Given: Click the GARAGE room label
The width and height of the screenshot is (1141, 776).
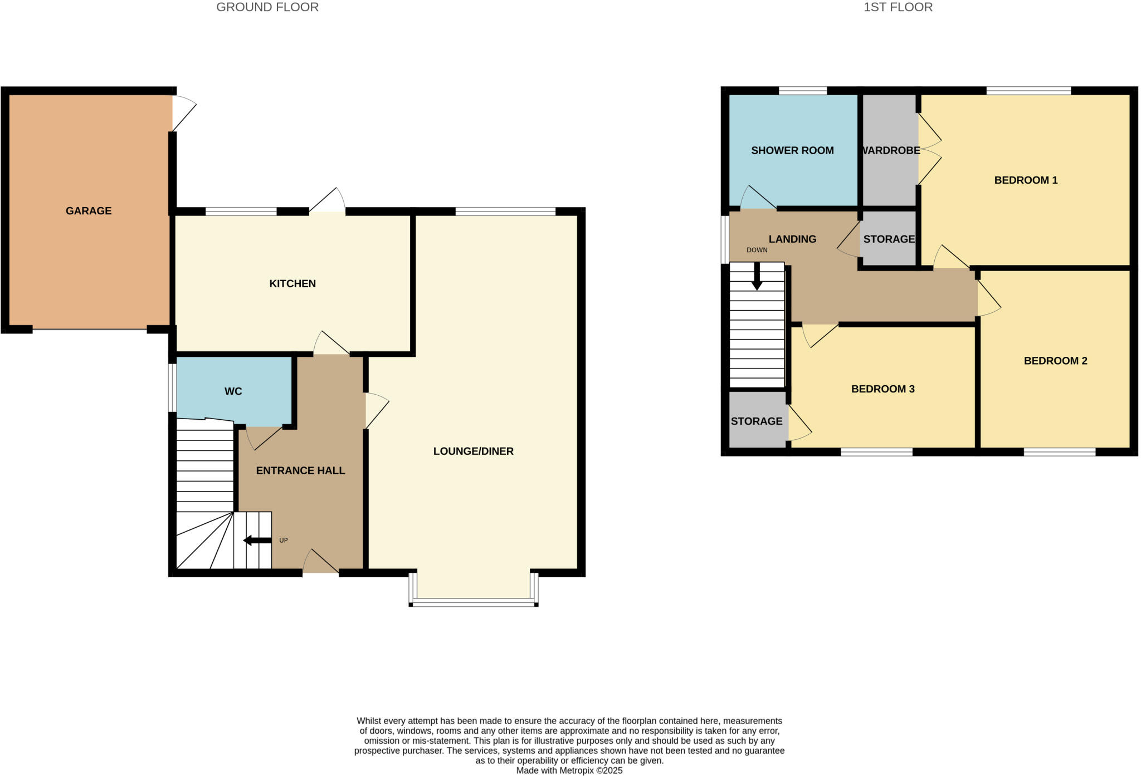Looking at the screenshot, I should click(x=89, y=211).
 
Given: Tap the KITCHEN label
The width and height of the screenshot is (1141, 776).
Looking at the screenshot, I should click(x=292, y=284).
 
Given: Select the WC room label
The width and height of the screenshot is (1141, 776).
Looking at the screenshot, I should click(x=233, y=392).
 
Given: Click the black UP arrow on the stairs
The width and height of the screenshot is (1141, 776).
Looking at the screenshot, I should click(x=257, y=541).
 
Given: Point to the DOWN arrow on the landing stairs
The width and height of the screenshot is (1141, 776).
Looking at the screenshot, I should click(x=757, y=277).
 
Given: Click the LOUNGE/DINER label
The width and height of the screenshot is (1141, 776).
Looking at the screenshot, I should click(x=473, y=451).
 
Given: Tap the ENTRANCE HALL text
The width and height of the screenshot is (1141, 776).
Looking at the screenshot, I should click(x=300, y=471).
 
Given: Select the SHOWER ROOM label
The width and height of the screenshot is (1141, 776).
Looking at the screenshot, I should click(x=792, y=151).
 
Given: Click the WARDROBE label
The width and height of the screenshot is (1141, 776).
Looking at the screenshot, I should click(x=890, y=151).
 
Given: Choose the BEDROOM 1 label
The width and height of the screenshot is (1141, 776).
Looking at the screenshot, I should click(x=1026, y=180).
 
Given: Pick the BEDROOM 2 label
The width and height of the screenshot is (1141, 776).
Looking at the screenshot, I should click(x=1055, y=361).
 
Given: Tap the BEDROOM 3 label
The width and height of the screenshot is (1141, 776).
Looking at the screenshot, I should click(x=882, y=389).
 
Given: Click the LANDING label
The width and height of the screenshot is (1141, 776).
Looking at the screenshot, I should click(x=792, y=239).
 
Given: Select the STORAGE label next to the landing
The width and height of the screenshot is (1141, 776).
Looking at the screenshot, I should click(x=889, y=239).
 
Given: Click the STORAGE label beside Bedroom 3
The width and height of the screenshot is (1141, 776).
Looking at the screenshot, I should click(x=756, y=421).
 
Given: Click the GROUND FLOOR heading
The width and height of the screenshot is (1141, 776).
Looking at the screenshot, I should click(x=267, y=7).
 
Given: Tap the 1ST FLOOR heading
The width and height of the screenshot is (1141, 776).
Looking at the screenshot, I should click(x=898, y=7).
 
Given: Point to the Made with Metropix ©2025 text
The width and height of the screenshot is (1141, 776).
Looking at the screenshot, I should click(x=569, y=771).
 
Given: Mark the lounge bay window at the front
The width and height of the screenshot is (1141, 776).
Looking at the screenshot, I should click(x=474, y=601).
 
